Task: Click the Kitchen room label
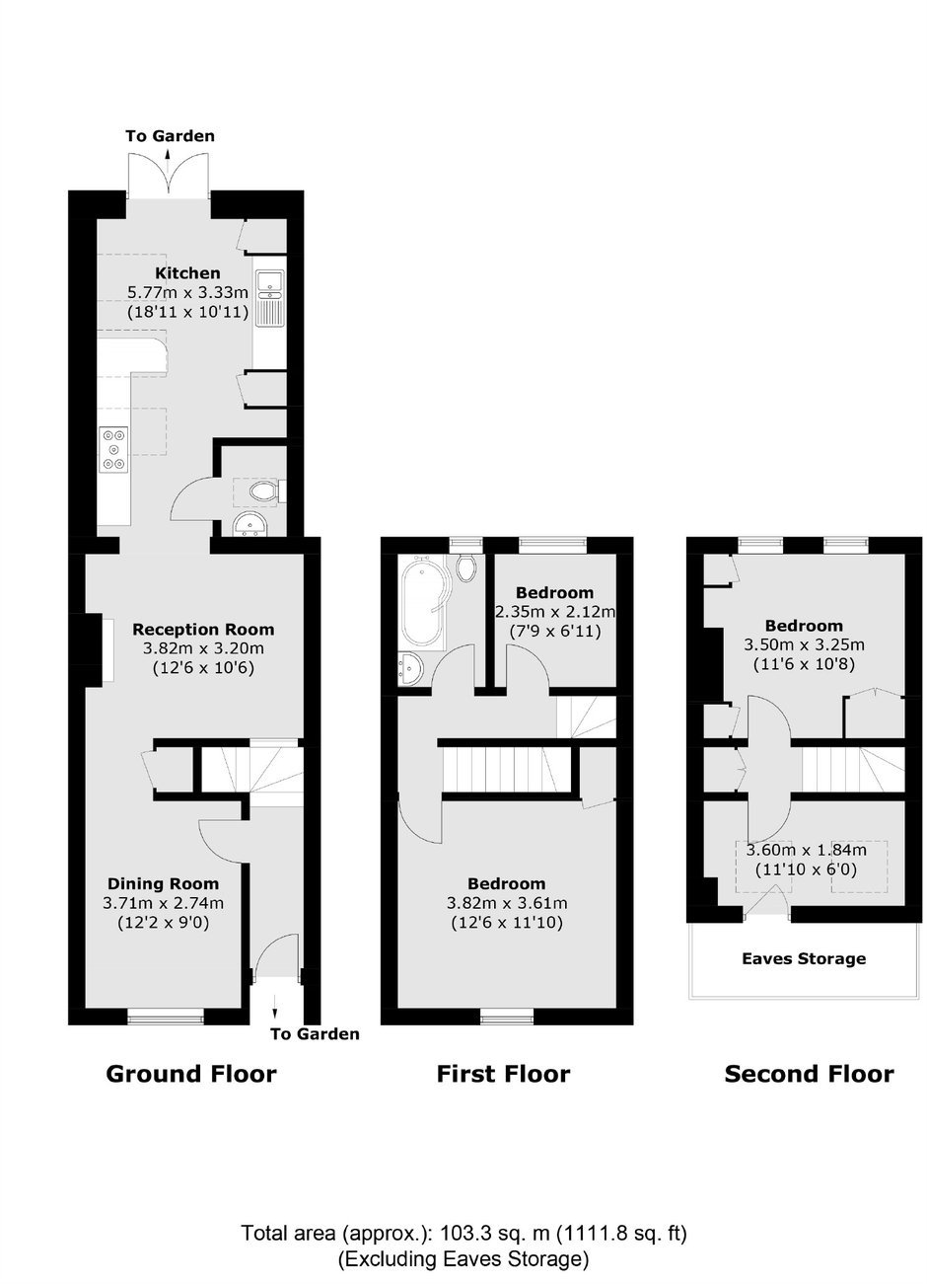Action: pos(187,272)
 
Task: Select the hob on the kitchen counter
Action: pos(113,449)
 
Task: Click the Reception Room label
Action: pos(203,630)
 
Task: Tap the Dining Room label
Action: pos(164,883)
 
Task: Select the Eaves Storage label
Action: pos(804,958)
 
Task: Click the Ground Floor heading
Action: pos(191,1073)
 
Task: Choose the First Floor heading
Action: pos(504,1073)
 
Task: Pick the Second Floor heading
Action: pos(809,1073)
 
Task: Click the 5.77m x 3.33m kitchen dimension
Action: pos(187,292)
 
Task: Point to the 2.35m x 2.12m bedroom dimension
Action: pos(554,612)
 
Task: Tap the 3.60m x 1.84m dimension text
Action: pos(806,850)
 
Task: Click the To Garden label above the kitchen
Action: pos(171,136)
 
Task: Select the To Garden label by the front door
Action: pos(316,1034)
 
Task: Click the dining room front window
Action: pos(165,1019)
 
